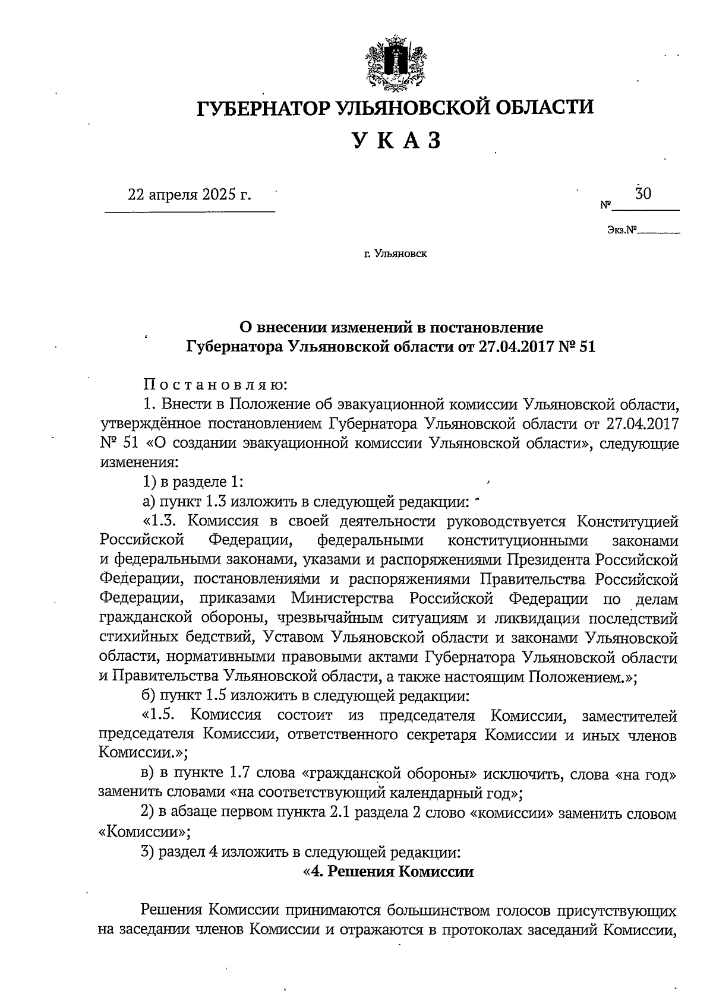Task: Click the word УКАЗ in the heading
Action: tap(396, 141)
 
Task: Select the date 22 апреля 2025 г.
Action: tap(190, 195)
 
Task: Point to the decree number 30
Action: tap(643, 194)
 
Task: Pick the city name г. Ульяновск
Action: tap(396, 254)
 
